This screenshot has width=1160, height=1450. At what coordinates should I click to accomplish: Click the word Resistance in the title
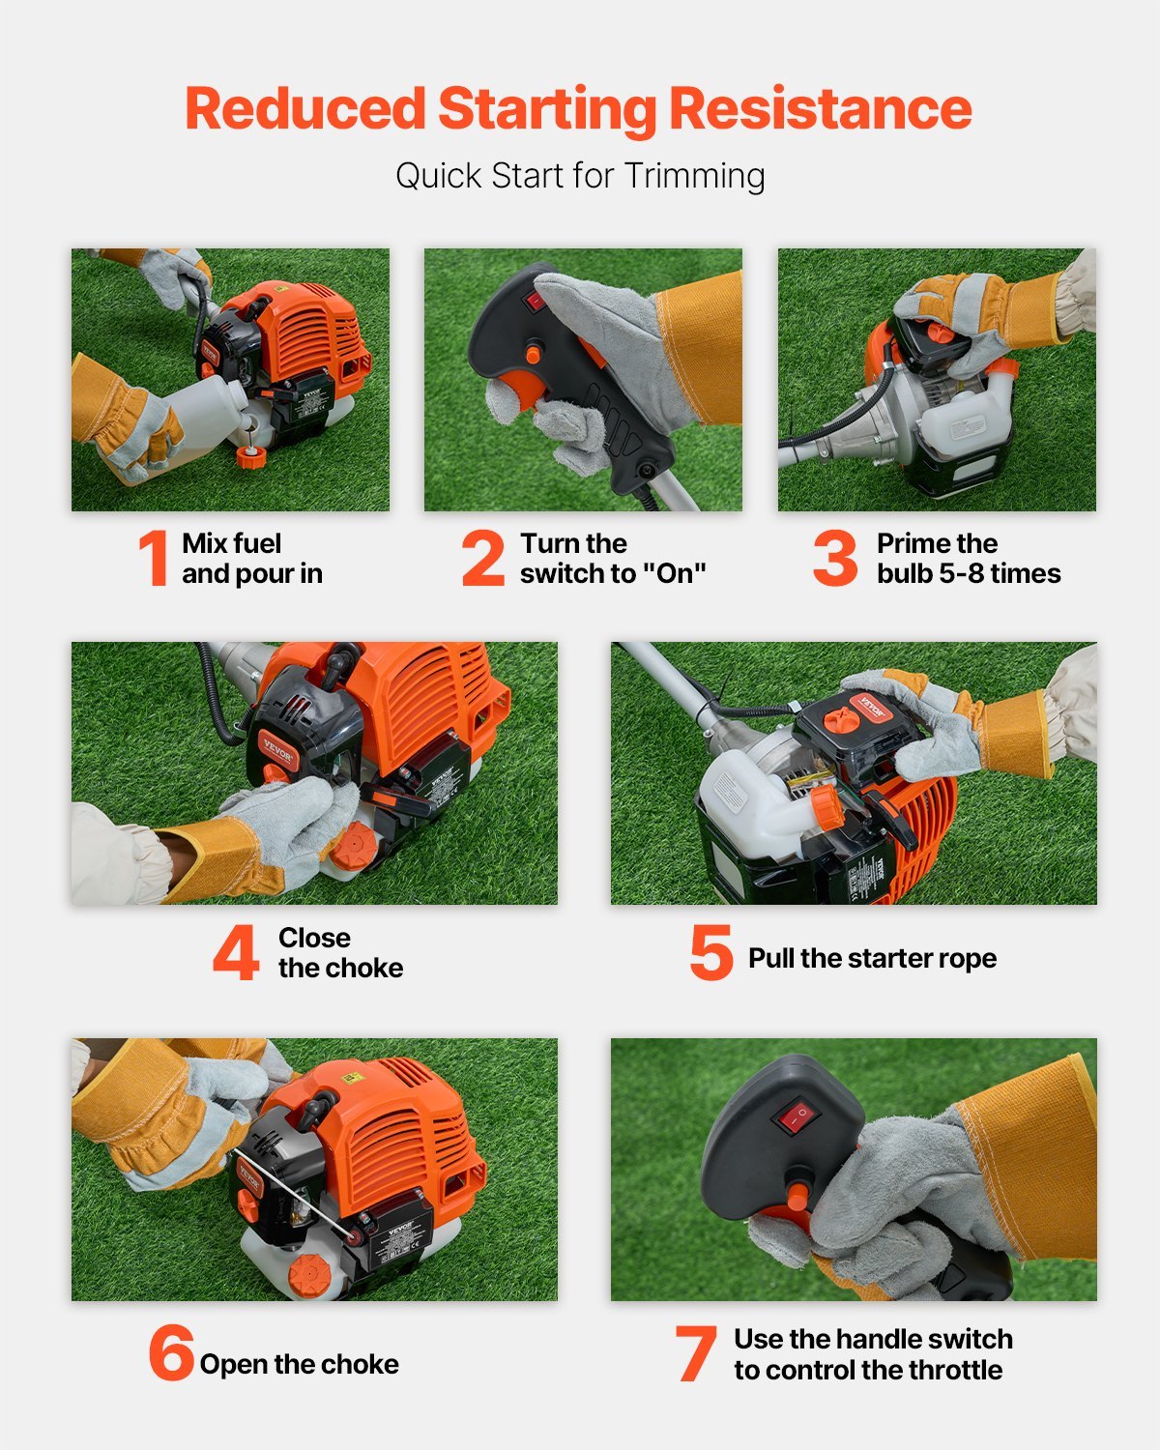coord(820,108)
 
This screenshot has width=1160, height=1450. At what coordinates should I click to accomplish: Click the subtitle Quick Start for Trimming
coord(580,176)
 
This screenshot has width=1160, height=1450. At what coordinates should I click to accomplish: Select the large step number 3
coord(835,558)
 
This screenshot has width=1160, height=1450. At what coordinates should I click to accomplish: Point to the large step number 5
coord(711,953)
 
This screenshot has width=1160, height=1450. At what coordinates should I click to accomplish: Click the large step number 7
coord(696,1354)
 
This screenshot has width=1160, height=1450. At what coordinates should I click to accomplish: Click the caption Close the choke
coord(340,953)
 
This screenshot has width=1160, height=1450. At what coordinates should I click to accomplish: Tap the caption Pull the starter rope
coord(872,958)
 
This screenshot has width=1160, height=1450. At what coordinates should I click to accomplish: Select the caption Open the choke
coord(299,1364)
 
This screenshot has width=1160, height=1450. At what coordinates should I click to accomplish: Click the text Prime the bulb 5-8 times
coord(968,558)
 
